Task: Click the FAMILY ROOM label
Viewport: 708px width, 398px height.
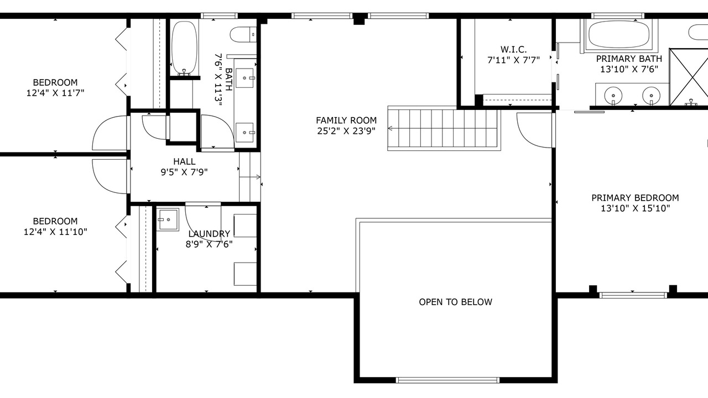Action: coord(346,121)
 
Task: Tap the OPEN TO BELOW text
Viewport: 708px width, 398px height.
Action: coord(455,302)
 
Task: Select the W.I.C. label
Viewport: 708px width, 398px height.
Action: coord(513,50)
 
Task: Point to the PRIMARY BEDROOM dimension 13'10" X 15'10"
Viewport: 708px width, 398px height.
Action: coord(636,208)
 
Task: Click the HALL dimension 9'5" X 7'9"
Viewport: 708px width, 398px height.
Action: coord(184,172)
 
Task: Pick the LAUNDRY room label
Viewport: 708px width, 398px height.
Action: coord(209,234)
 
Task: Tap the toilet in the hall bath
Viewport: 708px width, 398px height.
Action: coord(243,34)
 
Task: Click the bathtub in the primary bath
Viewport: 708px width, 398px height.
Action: coord(619,34)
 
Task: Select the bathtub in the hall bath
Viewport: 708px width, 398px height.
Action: coord(184,48)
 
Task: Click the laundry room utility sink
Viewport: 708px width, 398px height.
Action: coord(168,219)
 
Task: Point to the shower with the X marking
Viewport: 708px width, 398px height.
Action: coord(689,77)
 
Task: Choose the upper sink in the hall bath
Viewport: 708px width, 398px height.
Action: coord(244,78)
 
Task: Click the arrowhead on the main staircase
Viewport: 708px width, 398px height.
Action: coord(390,128)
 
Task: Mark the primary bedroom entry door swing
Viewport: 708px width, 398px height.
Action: coord(534,130)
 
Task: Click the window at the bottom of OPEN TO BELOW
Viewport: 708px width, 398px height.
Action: coord(447,380)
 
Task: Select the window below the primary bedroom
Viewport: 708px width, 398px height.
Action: coord(633,295)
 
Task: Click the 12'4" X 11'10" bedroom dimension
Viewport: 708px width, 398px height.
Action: coord(55,232)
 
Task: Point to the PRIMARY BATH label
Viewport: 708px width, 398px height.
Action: coord(629,59)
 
